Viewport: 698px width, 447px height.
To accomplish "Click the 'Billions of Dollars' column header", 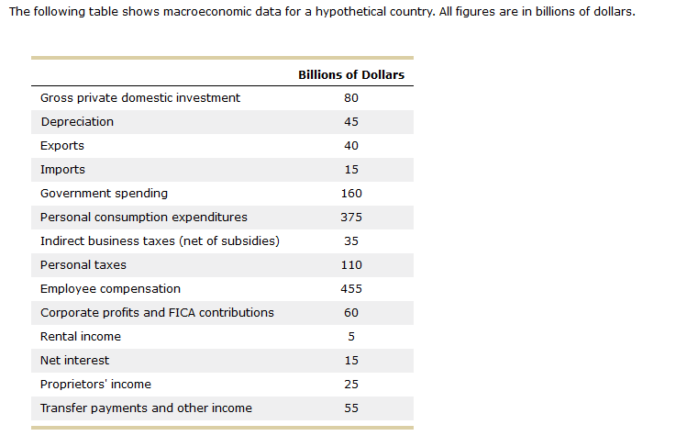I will point(350,74).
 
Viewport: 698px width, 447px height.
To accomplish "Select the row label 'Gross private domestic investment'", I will point(140,98).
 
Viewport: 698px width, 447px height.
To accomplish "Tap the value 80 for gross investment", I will point(351,98).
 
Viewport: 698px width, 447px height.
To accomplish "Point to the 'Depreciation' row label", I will point(77,122).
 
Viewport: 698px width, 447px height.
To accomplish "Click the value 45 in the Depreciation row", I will point(351,122).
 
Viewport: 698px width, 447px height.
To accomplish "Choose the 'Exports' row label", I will point(62,146).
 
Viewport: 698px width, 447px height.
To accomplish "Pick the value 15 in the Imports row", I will point(351,170).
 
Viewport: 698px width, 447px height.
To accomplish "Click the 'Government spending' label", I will point(104,194).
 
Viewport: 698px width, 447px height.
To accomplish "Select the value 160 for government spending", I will point(351,194).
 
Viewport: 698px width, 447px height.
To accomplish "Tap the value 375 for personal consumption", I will point(351,218).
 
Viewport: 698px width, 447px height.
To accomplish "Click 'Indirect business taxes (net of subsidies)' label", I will point(160,241).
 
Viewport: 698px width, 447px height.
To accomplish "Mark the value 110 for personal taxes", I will point(351,265).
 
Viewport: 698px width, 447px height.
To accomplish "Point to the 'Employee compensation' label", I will point(110,289).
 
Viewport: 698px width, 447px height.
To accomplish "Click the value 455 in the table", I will point(351,289).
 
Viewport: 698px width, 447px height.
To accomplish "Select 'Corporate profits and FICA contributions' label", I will point(157,313).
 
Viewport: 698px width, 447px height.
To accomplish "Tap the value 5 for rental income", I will point(351,337).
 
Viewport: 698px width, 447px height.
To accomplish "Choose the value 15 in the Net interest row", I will point(351,361).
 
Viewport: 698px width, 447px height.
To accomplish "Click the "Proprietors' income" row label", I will point(95,385).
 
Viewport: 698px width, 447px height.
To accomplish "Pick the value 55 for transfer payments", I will point(351,408).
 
